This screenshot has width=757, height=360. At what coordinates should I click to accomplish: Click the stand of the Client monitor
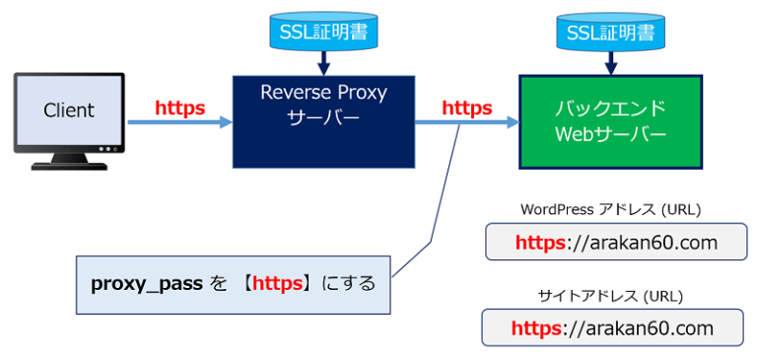pos(69,159)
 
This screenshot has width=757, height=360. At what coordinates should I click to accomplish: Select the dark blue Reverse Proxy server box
pos(323,120)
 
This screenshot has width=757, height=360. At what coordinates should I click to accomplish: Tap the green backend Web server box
pos(610,120)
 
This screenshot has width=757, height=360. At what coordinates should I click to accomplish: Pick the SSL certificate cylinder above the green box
pos(611,34)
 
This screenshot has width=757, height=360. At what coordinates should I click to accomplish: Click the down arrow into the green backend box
pos(611,63)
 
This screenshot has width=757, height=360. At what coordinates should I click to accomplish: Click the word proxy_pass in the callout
pos(146,284)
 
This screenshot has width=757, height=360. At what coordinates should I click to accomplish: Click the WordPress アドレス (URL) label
pos(610,209)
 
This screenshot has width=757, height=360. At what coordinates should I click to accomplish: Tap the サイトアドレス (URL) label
pos(610,295)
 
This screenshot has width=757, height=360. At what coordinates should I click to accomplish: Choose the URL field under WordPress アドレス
pos(616,242)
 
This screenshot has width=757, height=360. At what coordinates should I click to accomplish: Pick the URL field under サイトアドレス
pos(612,327)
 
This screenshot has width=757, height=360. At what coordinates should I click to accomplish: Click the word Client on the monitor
pos(69,110)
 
